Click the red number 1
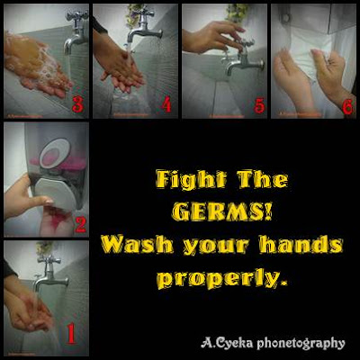(x=70, y=333)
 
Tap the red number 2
(x=80, y=225)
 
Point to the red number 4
(x=166, y=104)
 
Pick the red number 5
(x=259, y=105)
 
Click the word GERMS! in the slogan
(x=222, y=211)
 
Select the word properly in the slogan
(x=222, y=279)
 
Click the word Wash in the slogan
(x=138, y=245)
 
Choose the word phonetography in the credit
(x=301, y=344)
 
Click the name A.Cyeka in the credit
(x=227, y=343)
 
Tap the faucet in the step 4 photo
(x=143, y=26)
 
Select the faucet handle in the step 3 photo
(x=77, y=15)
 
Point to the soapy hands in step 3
(x=38, y=65)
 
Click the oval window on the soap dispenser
(x=55, y=153)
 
